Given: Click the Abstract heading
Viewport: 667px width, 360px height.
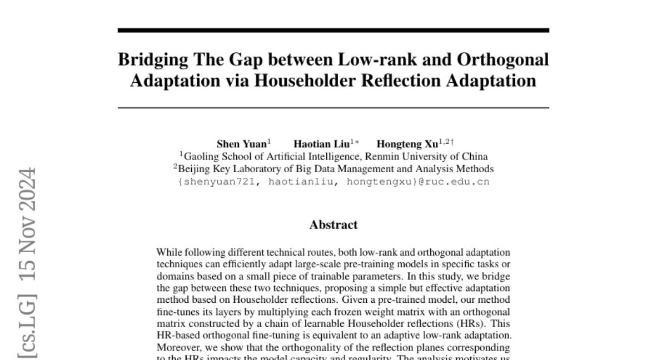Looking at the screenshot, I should pyautogui.click(x=333, y=225).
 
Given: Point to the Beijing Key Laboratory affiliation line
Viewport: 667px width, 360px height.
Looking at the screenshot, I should pyautogui.click(x=333, y=169).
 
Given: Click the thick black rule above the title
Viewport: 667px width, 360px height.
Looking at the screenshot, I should pyautogui.click(x=333, y=31).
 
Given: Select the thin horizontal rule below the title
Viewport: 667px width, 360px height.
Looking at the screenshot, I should pyautogui.click(x=333, y=108).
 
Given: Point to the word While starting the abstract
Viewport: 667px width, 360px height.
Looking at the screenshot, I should pyautogui.click(x=169, y=253).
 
